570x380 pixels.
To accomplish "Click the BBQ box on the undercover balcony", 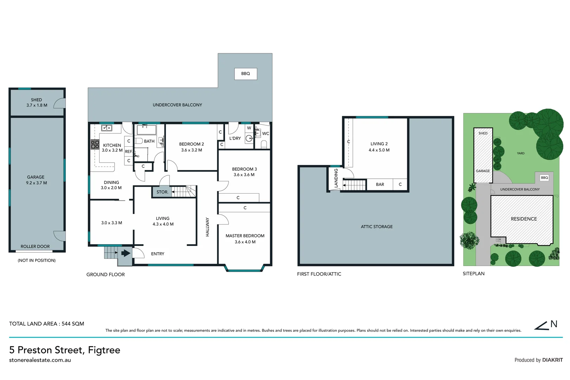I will tap(245, 74).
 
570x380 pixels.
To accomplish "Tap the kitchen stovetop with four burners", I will tap(95, 144).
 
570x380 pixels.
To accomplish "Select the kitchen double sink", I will tap(107, 128).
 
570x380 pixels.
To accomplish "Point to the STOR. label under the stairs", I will tap(162, 192).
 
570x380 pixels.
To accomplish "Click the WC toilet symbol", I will tap(264, 144).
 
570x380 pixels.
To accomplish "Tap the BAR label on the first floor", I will tap(380, 184).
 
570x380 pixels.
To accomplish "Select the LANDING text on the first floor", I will tap(336, 178).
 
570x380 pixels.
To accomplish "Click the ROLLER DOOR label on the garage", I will tap(35, 247).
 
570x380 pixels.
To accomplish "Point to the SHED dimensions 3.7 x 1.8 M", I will tap(37, 105).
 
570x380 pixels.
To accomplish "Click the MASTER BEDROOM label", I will tap(245, 236).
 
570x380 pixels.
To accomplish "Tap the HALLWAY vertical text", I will tap(207, 227).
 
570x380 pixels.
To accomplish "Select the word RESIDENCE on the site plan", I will tap(524, 219).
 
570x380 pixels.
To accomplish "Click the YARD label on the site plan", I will tap(520, 153).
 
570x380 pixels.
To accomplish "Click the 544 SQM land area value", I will tap(73, 324).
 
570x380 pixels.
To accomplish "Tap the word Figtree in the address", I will tap(104, 350).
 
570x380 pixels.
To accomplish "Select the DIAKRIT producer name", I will tap(552, 360).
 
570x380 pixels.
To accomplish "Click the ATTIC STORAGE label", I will tap(377, 227).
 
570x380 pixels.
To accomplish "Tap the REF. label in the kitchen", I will tap(129, 152).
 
